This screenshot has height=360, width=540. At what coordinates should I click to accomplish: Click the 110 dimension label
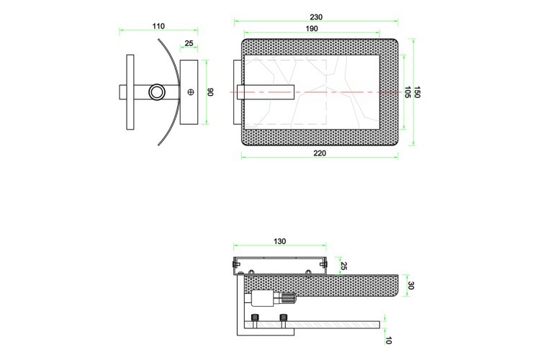[158, 26]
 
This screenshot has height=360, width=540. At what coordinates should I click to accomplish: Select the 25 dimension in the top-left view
[189, 43]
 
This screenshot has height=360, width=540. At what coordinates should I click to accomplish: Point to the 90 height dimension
[211, 92]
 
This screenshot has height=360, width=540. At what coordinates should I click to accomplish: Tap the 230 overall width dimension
[316, 17]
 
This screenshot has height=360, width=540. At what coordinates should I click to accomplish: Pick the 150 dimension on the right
[417, 92]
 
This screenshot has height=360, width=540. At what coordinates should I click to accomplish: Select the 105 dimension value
[407, 92]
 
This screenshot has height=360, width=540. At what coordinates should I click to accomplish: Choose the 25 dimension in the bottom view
[343, 266]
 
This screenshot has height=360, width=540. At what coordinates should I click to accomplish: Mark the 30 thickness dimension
[410, 286]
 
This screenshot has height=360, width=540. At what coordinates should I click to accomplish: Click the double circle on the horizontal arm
[156, 92]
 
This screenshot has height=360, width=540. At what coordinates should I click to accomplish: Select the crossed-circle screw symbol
[191, 92]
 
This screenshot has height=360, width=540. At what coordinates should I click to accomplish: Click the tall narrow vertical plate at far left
[130, 92]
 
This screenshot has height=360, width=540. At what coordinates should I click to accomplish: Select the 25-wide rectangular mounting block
[190, 92]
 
